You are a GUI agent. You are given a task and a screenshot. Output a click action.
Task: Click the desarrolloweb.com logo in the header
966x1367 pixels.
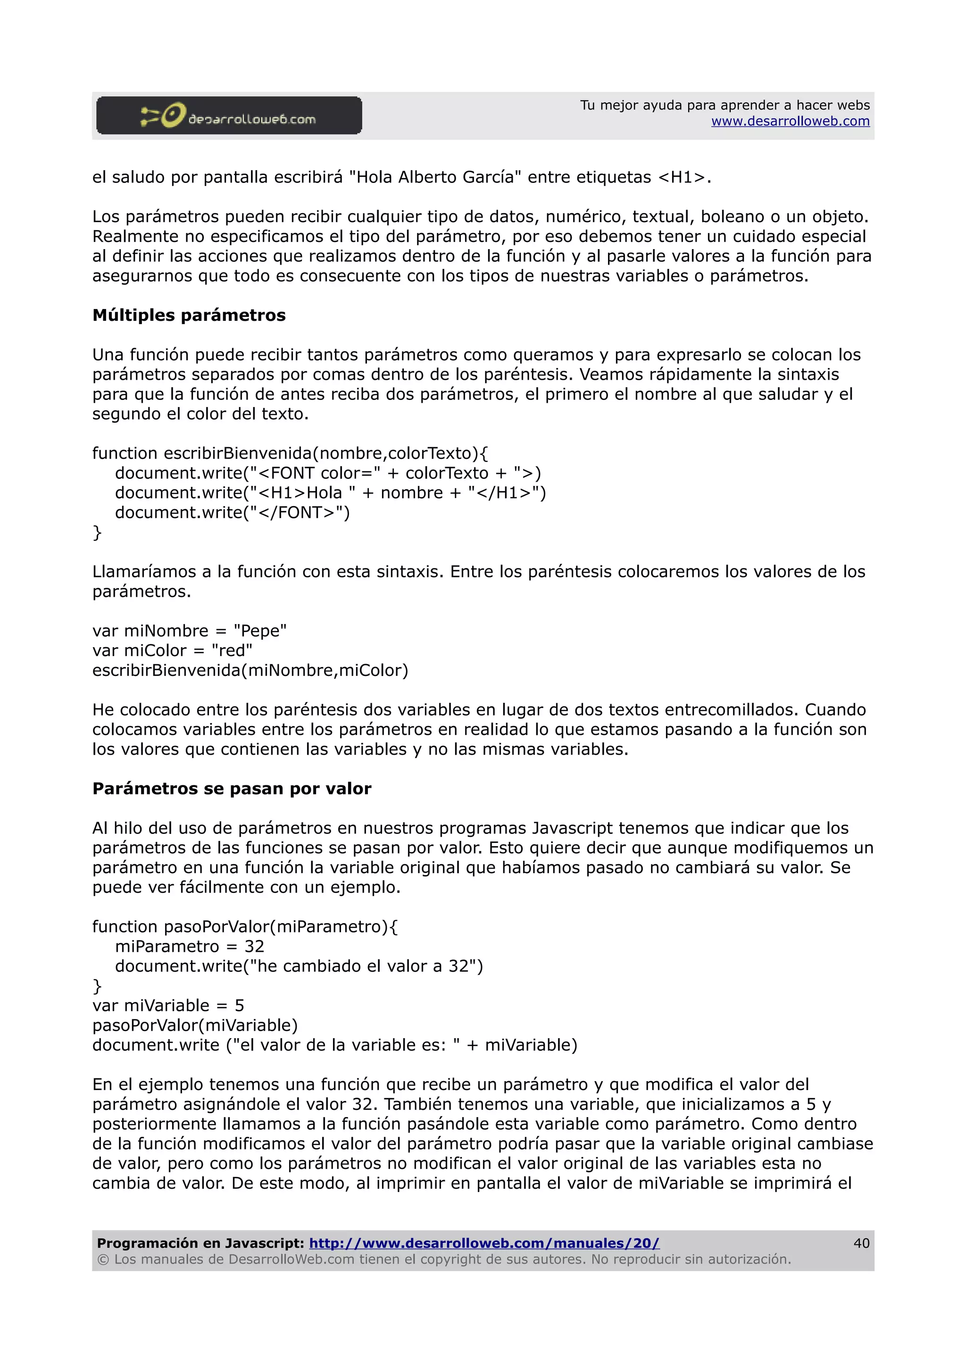(229, 116)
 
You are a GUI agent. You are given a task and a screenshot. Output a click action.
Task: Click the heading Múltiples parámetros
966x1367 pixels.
(189, 316)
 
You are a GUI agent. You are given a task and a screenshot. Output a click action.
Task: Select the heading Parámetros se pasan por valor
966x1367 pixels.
(232, 789)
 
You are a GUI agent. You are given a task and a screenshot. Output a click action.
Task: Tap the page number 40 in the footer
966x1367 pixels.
(861, 1243)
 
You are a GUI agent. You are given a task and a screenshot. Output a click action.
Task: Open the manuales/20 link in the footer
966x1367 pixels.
(484, 1243)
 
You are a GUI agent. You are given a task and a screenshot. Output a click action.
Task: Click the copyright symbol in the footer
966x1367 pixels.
(103, 1259)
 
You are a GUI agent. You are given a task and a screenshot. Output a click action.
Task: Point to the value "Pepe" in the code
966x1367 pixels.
(260, 631)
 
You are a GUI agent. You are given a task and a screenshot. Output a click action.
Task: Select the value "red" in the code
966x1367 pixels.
(232, 651)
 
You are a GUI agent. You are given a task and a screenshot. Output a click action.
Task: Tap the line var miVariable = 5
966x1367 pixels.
(168, 1006)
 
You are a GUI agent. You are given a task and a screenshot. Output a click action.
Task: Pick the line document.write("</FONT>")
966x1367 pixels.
(232, 513)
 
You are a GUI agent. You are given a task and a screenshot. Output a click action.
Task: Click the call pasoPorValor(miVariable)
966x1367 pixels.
(195, 1025)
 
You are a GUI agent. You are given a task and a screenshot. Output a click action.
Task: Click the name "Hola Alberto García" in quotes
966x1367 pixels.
(434, 177)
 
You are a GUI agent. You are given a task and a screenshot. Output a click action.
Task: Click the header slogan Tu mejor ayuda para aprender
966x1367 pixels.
(724, 105)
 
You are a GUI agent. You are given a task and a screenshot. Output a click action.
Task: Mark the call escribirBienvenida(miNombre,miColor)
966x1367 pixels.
(250, 670)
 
